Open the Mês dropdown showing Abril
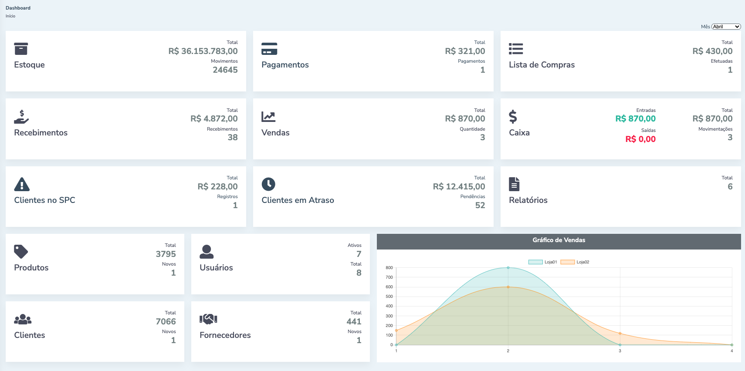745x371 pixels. (x=726, y=27)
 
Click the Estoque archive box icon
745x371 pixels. (x=21, y=49)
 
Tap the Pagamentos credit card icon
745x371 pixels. (x=269, y=49)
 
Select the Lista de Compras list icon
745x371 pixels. (x=516, y=49)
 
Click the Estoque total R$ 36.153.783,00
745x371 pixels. (x=203, y=51)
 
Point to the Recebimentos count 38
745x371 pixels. (x=233, y=138)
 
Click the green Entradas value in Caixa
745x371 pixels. (x=635, y=119)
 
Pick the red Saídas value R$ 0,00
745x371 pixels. (x=640, y=139)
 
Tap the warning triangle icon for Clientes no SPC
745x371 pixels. (x=22, y=184)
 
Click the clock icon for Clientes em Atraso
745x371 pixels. (x=268, y=184)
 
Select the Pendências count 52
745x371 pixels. (x=480, y=206)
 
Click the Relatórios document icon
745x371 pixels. (x=514, y=184)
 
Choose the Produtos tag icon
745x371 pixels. (x=21, y=252)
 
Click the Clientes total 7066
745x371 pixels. (x=166, y=322)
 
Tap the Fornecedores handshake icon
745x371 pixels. (x=208, y=319)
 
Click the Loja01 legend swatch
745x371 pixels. (x=535, y=262)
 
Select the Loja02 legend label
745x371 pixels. (x=583, y=262)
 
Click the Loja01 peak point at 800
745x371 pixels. (x=508, y=268)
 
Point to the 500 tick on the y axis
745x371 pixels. (x=389, y=297)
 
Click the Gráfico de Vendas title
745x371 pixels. (x=559, y=240)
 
